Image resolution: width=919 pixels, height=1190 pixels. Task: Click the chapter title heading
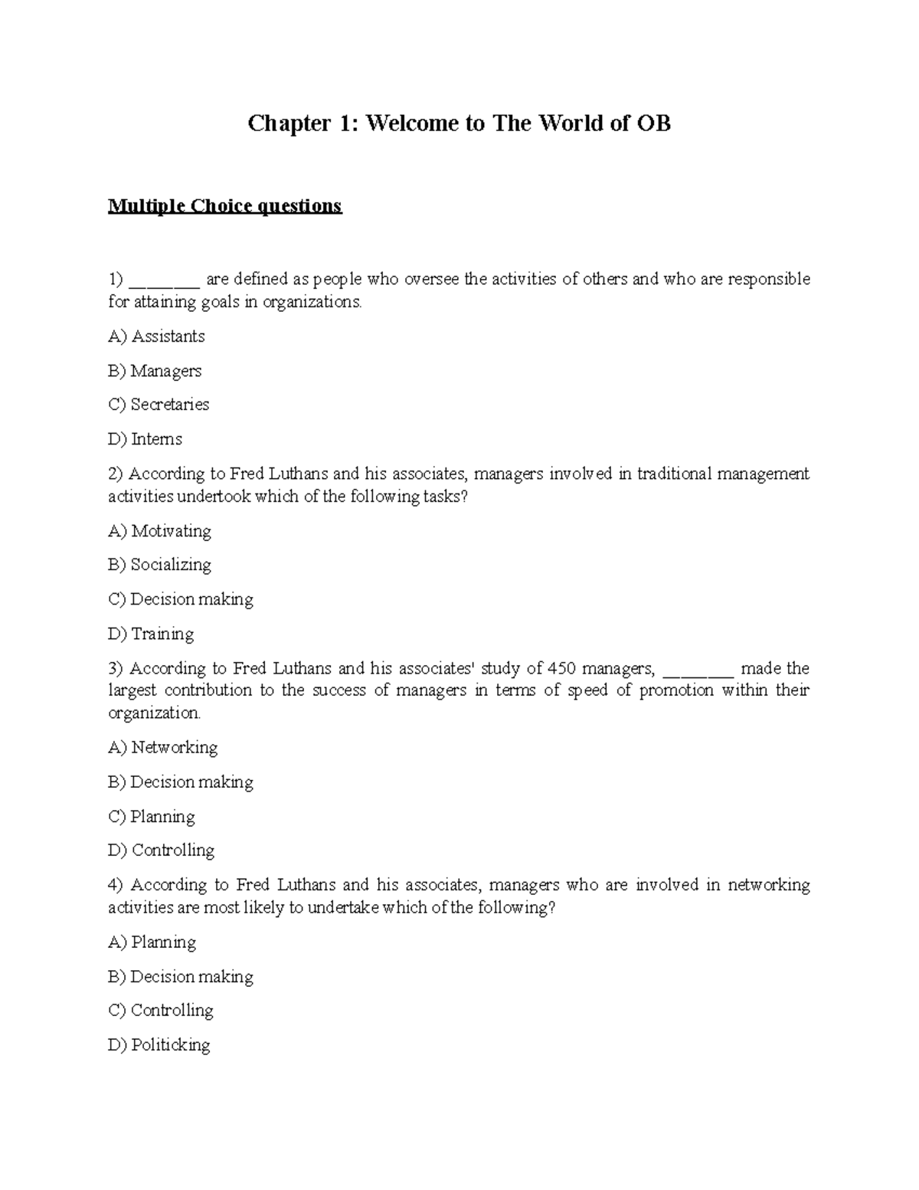pyautogui.click(x=459, y=123)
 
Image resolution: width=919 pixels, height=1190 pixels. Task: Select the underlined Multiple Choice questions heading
pyautogui.click(x=224, y=206)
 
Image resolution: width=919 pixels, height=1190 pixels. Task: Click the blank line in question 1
pyautogui.click(x=165, y=280)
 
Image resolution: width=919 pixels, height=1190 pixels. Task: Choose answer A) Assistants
pyautogui.click(x=156, y=336)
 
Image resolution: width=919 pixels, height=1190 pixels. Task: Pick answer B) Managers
pyautogui.click(x=155, y=371)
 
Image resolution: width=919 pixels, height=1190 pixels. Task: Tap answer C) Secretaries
pyautogui.click(x=159, y=405)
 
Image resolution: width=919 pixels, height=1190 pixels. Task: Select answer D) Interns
pyautogui.click(x=146, y=439)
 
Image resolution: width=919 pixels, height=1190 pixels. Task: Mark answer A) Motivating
pyautogui.click(x=159, y=531)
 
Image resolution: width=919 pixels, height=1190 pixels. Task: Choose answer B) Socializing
pyautogui.click(x=159, y=565)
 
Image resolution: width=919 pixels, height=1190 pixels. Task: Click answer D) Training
pyautogui.click(x=151, y=634)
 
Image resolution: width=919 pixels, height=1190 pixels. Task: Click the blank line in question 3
pyautogui.click(x=698, y=670)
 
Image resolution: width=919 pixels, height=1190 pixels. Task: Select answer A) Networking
pyautogui.click(x=163, y=747)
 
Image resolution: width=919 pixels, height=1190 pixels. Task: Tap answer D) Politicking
pyautogui.click(x=159, y=1044)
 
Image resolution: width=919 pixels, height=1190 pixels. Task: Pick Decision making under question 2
pyautogui.click(x=181, y=599)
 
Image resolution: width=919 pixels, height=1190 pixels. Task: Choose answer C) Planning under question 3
pyautogui.click(x=152, y=816)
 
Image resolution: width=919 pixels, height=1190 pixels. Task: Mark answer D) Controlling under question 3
pyautogui.click(x=162, y=850)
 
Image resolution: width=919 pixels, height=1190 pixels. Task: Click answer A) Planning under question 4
pyautogui.click(x=152, y=942)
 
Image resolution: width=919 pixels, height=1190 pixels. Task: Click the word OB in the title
pyautogui.click(x=652, y=123)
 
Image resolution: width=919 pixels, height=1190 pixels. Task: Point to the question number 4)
pyautogui.click(x=116, y=885)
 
